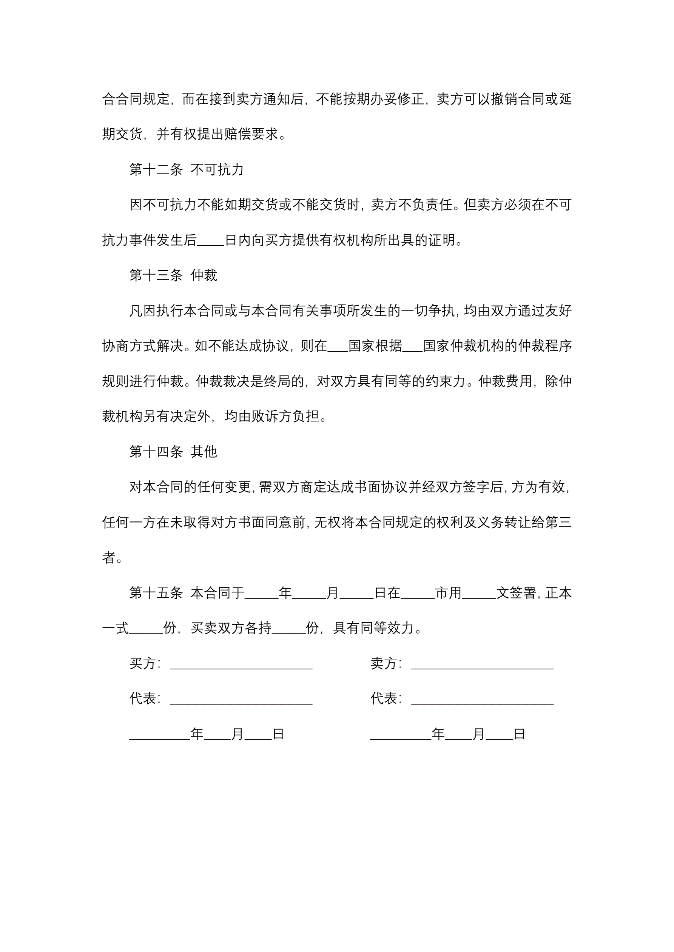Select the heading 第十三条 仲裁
point(173,275)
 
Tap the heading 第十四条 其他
point(173,452)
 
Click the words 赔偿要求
point(251,134)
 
